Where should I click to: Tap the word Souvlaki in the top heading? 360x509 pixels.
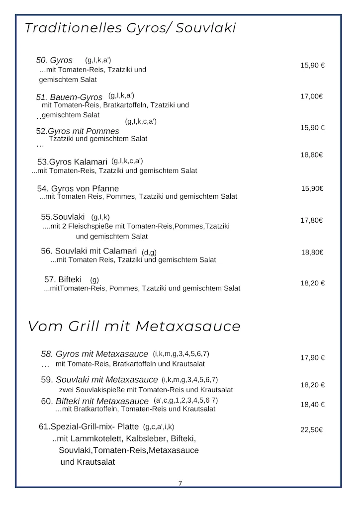pyautogui.click(x=206, y=28)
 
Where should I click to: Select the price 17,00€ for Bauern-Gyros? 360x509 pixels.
pyautogui.click(x=311, y=96)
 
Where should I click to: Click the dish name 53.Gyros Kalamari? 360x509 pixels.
pyautogui.click(x=73, y=162)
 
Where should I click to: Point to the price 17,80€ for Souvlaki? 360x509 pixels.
pyautogui.click(x=312, y=220)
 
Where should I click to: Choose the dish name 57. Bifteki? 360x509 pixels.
pyautogui.click(x=64, y=279)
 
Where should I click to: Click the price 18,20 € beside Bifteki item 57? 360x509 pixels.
pyautogui.click(x=312, y=283)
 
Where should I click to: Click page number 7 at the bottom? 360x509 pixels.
pyautogui.click(x=180, y=483)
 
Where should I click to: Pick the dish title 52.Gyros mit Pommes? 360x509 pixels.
pyautogui.click(x=78, y=131)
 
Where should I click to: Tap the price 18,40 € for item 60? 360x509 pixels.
pyautogui.click(x=312, y=405)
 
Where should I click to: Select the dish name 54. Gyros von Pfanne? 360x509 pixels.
pyautogui.click(x=78, y=188)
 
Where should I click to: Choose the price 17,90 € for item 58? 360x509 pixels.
pyautogui.click(x=312, y=357)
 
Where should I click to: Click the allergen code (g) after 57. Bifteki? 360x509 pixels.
pyautogui.click(x=94, y=280)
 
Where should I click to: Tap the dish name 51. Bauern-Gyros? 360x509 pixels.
pyautogui.click(x=69, y=97)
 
